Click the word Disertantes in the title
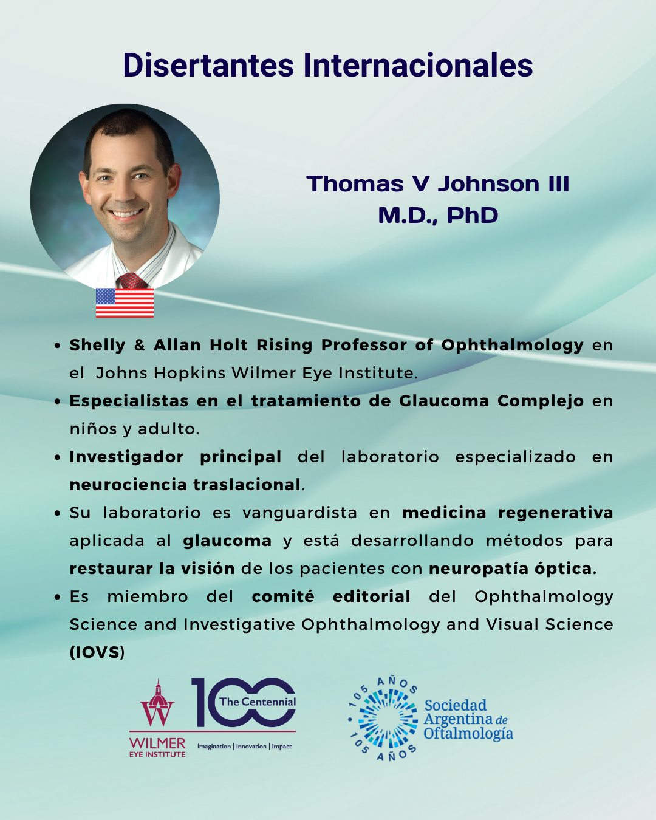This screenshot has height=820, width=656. (208, 65)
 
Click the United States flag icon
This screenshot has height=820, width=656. (125, 302)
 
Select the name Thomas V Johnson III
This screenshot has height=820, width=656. (438, 183)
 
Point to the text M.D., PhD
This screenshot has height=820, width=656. (438, 216)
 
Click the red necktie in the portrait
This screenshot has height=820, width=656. (132, 281)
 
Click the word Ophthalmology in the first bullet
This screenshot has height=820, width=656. (512, 346)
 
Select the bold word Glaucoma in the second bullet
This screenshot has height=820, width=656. (443, 401)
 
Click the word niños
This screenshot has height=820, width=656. (94, 429)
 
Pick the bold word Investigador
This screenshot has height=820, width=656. (126, 457)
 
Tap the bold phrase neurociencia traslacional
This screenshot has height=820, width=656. (185, 485)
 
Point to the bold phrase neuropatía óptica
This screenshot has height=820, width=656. (513, 569)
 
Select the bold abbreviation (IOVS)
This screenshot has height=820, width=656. (97, 653)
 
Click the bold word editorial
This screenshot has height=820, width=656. (371, 596)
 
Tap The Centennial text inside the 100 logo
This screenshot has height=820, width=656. (258, 702)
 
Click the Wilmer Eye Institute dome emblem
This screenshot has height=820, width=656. (157, 703)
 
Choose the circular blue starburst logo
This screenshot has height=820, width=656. (383, 719)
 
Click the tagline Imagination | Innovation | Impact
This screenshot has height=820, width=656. (244, 747)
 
